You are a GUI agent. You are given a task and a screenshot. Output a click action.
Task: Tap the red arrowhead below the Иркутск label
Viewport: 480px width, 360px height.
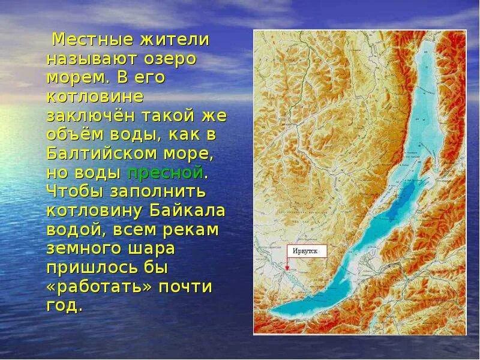[287, 269]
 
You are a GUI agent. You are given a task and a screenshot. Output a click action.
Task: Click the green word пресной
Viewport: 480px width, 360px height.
[165, 173]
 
